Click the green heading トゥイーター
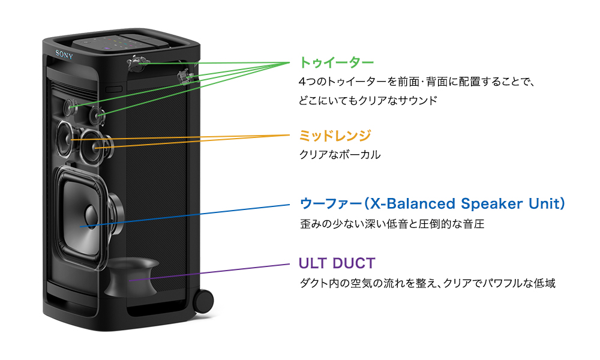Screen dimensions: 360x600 (336, 62)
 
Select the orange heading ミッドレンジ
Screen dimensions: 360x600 (335, 135)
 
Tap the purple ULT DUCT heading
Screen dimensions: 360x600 (337, 263)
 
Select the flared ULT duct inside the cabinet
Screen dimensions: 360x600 (131, 277)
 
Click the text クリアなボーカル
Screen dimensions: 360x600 (340, 155)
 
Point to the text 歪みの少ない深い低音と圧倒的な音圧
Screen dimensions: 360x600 (392, 225)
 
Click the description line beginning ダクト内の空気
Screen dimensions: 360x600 (427, 283)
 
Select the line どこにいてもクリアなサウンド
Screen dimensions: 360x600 (368, 100)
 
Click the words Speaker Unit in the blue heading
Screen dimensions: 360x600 (515, 203)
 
